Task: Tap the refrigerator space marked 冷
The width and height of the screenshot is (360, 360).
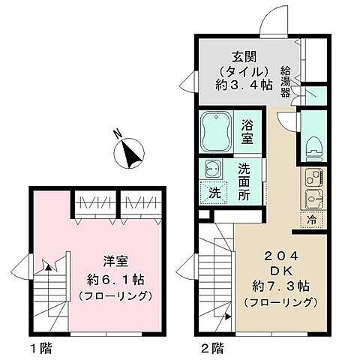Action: pyautogui.click(x=313, y=219)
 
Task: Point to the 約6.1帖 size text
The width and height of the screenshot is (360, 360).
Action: pyautogui.click(x=116, y=279)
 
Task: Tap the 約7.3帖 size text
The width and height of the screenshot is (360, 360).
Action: pyautogui.click(x=280, y=286)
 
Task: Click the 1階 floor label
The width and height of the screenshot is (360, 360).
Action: pyautogui.click(x=40, y=347)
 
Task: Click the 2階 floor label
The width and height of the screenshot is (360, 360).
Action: pyautogui.click(x=213, y=347)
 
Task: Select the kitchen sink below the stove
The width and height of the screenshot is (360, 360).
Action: pyautogui.click(x=313, y=199)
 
